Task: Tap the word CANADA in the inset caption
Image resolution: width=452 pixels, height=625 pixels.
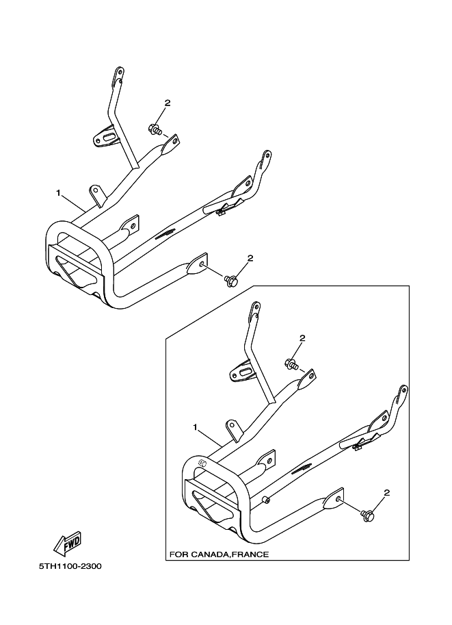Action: coord(210,554)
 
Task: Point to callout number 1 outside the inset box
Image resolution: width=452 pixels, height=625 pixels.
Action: coord(59,194)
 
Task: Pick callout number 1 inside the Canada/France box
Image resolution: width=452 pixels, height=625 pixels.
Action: coord(195,427)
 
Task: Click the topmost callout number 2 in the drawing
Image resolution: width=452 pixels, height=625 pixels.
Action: coord(167,103)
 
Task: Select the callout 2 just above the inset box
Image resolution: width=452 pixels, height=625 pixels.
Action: coord(250,258)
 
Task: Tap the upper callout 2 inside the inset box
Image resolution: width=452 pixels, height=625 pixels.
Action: coord(302,338)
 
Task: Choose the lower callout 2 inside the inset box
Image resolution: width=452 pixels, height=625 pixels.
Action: coord(386,492)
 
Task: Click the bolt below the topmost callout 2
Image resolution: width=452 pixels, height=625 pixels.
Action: coord(155,128)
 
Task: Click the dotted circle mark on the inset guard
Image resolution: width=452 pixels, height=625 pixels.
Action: coord(202,463)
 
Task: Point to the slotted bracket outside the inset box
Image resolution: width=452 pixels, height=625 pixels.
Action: coord(108,138)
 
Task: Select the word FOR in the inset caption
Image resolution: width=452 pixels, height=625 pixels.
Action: coord(180,554)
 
